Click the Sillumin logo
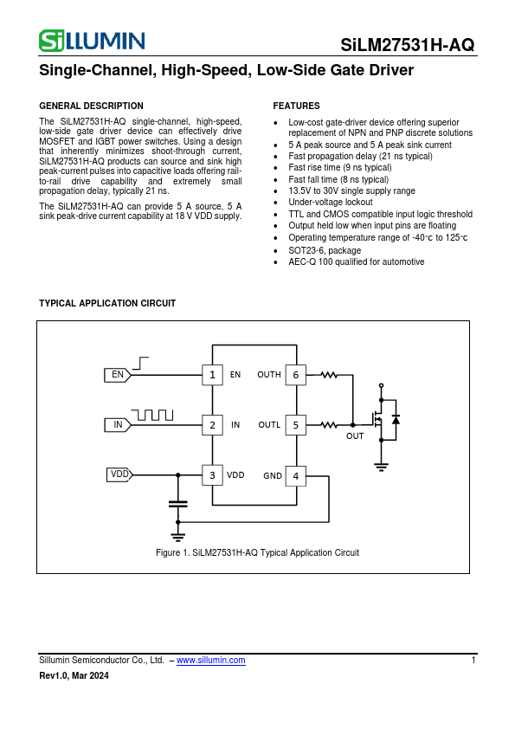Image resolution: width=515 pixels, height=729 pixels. (x=92, y=41)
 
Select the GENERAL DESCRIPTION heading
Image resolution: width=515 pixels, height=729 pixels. (x=92, y=106)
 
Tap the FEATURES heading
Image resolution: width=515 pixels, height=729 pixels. (x=296, y=106)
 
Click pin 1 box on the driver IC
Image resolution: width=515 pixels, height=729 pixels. (x=212, y=375)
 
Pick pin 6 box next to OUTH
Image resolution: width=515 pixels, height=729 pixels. (x=295, y=375)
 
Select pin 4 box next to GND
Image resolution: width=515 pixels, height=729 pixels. (x=295, y=475)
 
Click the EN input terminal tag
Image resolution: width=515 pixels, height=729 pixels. (x=118, y=375)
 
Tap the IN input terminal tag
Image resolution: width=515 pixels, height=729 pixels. (x=118, y=425)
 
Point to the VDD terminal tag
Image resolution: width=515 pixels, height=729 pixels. (x=119, y=474)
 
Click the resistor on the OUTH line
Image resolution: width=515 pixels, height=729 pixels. (x=329, y=375)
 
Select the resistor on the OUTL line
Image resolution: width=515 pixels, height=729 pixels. (x=329, y=425)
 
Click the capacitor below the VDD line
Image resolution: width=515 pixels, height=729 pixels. (x=177, y=503)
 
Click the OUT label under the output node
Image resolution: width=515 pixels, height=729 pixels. (x=355, y=436)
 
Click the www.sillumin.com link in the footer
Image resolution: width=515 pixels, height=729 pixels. (x=210, y=660)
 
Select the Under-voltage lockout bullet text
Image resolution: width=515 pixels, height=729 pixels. (x=330, y=202)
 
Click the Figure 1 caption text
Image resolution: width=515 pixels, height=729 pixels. (x=257, y=552)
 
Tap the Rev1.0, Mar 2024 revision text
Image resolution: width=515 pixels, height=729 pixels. (x=74, y=676)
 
